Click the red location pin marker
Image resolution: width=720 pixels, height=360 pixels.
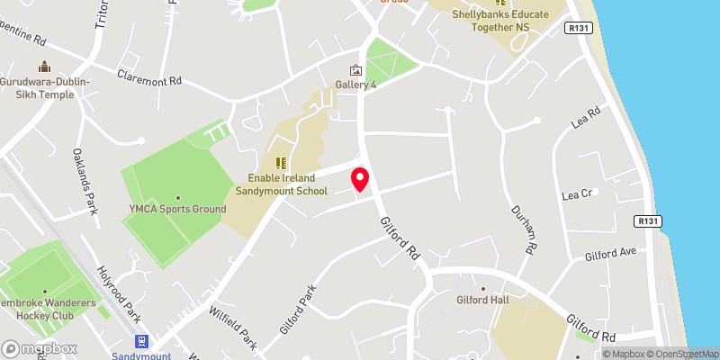tap(360, 178)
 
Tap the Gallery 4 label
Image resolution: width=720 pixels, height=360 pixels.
tap(355, 85)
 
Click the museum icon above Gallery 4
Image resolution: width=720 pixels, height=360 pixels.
tap(355, 70)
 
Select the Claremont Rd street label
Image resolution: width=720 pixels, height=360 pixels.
tap(149, 79)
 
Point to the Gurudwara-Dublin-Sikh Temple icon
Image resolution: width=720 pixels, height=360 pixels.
tap(43, 67)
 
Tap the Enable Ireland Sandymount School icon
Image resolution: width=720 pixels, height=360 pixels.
tap(281, 163)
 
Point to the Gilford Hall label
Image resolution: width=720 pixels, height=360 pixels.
tap(484, 300)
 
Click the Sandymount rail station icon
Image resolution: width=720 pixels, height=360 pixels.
tap(141, 341)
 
